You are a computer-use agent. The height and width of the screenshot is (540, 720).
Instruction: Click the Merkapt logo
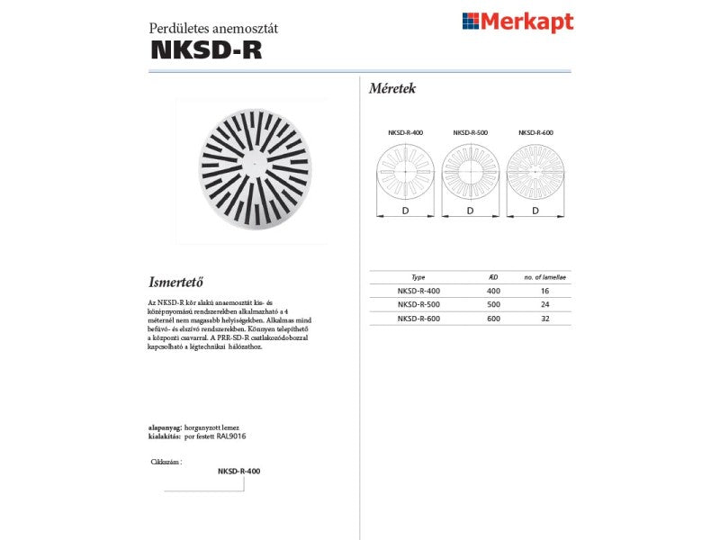click(x=517, y=22)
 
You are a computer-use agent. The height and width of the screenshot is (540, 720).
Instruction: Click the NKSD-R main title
click(x=206, y=50)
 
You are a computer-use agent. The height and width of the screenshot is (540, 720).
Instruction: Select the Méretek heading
click(x=392, y=88)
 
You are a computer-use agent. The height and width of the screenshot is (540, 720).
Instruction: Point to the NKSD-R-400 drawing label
click(x=405, y=132)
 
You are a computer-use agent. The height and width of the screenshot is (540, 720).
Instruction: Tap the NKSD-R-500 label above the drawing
click(x=470, y=132)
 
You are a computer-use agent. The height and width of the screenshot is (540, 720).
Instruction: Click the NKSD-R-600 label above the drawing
click(x=535, y=132)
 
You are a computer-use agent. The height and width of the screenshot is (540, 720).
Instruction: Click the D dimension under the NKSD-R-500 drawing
click(x=470, y=211)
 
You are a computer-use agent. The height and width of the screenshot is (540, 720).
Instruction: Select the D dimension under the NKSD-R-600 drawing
click(x=535, y=211)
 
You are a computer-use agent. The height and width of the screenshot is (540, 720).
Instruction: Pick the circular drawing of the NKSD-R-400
click(x=405, y=170)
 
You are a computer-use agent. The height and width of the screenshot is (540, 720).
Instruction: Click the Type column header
click(x=418, y=278)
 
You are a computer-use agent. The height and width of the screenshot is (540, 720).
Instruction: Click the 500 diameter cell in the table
click(x=493, y=304)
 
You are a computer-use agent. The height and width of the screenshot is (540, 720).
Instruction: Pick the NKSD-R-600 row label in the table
click(x=418, y=318)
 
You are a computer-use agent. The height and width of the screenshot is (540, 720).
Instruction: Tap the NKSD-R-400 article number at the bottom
click(x=238, y=471)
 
